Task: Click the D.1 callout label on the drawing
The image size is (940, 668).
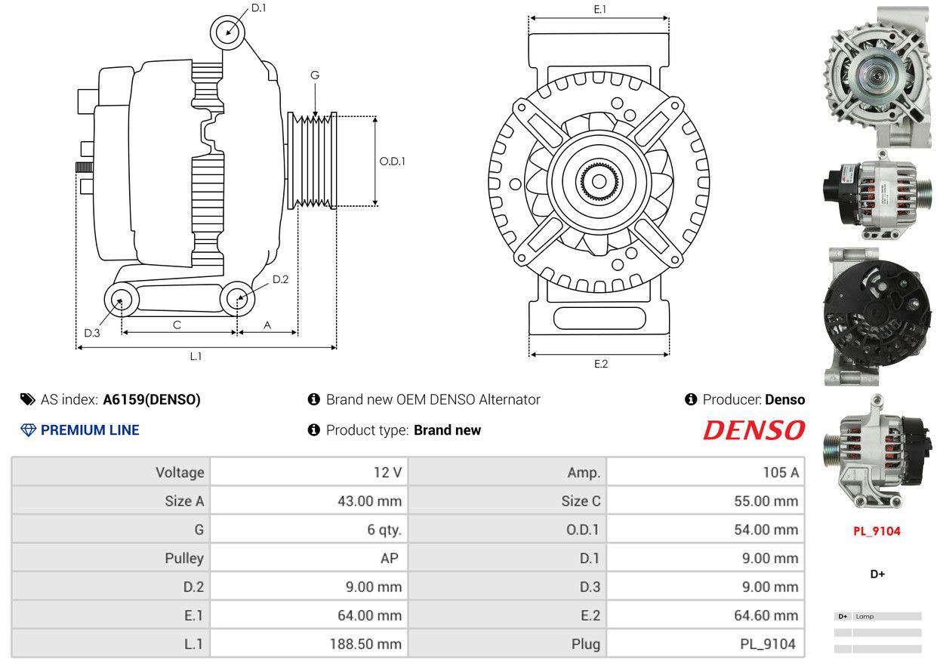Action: [258, 8]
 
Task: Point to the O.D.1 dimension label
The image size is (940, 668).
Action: [392, 161]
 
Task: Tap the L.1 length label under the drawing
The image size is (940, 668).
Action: [196, 356]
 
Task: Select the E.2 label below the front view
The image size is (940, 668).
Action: [600, 364]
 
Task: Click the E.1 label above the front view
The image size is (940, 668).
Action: [600, 9]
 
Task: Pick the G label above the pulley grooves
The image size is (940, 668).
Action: [315, 75]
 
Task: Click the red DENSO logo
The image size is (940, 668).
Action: [754, 430]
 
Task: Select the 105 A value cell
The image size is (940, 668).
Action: [780, 473]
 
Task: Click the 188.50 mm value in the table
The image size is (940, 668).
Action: [365, 645]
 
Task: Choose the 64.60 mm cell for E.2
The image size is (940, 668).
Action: [765, 616]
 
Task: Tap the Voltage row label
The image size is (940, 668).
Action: [180, 473]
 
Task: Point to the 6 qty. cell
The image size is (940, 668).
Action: [384, 530]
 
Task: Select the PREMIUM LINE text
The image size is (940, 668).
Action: [89, 430]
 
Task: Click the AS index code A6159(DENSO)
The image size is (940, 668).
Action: [151, 400]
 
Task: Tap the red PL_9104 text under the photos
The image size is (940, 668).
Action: [877, 531]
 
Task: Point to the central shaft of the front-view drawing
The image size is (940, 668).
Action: [599, 182]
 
